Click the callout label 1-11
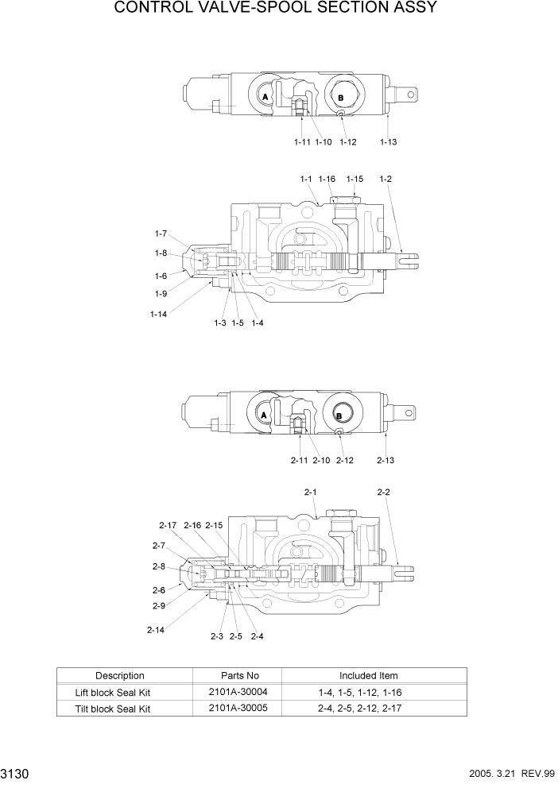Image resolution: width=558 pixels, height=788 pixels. (301, 142)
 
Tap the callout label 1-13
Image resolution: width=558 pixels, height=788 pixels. (388, 142)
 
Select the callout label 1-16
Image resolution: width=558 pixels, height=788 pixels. (327, 180)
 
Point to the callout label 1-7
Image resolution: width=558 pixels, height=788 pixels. (161, 234)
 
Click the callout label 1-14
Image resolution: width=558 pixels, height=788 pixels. (158, 314)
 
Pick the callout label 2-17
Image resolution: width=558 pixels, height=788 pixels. (167, 525)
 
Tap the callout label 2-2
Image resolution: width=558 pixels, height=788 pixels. (383, 492)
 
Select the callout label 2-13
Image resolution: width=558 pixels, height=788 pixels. (386, 460)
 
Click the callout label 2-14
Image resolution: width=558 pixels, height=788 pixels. (156, 630)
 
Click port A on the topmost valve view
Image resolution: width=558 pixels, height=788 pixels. (265, 96)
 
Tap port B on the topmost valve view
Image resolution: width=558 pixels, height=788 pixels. (340, 97)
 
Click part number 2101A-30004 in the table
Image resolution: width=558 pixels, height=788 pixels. (237, 693)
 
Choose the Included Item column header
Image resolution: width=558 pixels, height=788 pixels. (369, 676)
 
